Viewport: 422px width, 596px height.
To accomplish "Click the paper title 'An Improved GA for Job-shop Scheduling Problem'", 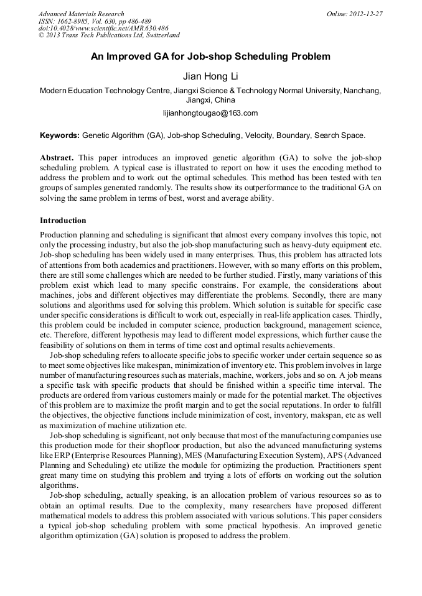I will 210,57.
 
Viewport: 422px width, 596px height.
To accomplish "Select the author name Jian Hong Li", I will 210,76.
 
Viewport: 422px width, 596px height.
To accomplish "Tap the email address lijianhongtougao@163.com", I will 210,112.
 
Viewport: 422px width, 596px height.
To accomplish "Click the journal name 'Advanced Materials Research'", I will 81,14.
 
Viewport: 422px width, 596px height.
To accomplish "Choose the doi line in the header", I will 103,29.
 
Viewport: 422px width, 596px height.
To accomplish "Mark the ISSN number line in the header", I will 93,21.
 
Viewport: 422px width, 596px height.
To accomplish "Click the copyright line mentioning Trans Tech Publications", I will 109,36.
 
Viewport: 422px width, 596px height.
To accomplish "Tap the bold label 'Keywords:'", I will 60,135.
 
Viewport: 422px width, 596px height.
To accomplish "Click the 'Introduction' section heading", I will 63,221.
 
